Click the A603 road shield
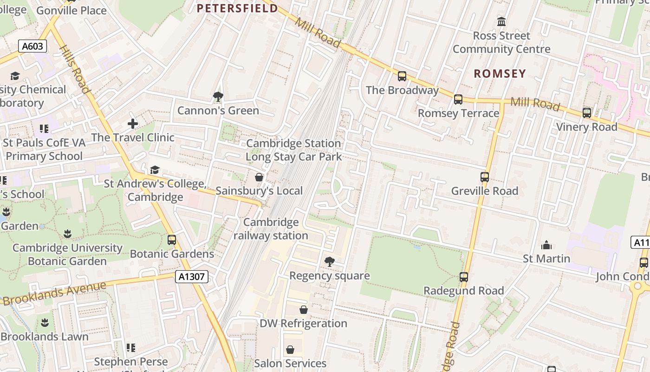click(x=33, y=46)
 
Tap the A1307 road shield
click(x=192, y=277)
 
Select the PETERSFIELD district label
click(x=237, y=8)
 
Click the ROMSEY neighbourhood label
click(x=500, y=73)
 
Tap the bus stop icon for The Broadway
click(x=402, y=76)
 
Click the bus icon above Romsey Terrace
click(x=458, y=100)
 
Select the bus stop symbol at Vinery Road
click(x=587, y=113)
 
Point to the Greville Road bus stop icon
click(x=485, y=177)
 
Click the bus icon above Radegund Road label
click(x=463, y=277)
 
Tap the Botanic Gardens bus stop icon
click(x=172, y=240)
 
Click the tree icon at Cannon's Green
click(x=218, y=97)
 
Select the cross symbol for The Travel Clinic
click(x=133, y=124)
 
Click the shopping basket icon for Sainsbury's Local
click(x=259, y=177)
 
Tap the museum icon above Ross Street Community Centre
click(x=501, y=22)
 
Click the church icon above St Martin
click(x=546, y=245)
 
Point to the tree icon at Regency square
click(x=330, y=262)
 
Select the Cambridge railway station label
click(x=271, y=229)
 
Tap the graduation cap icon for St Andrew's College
click(x=155, y=170)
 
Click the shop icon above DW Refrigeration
click(x=303, y=310)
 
